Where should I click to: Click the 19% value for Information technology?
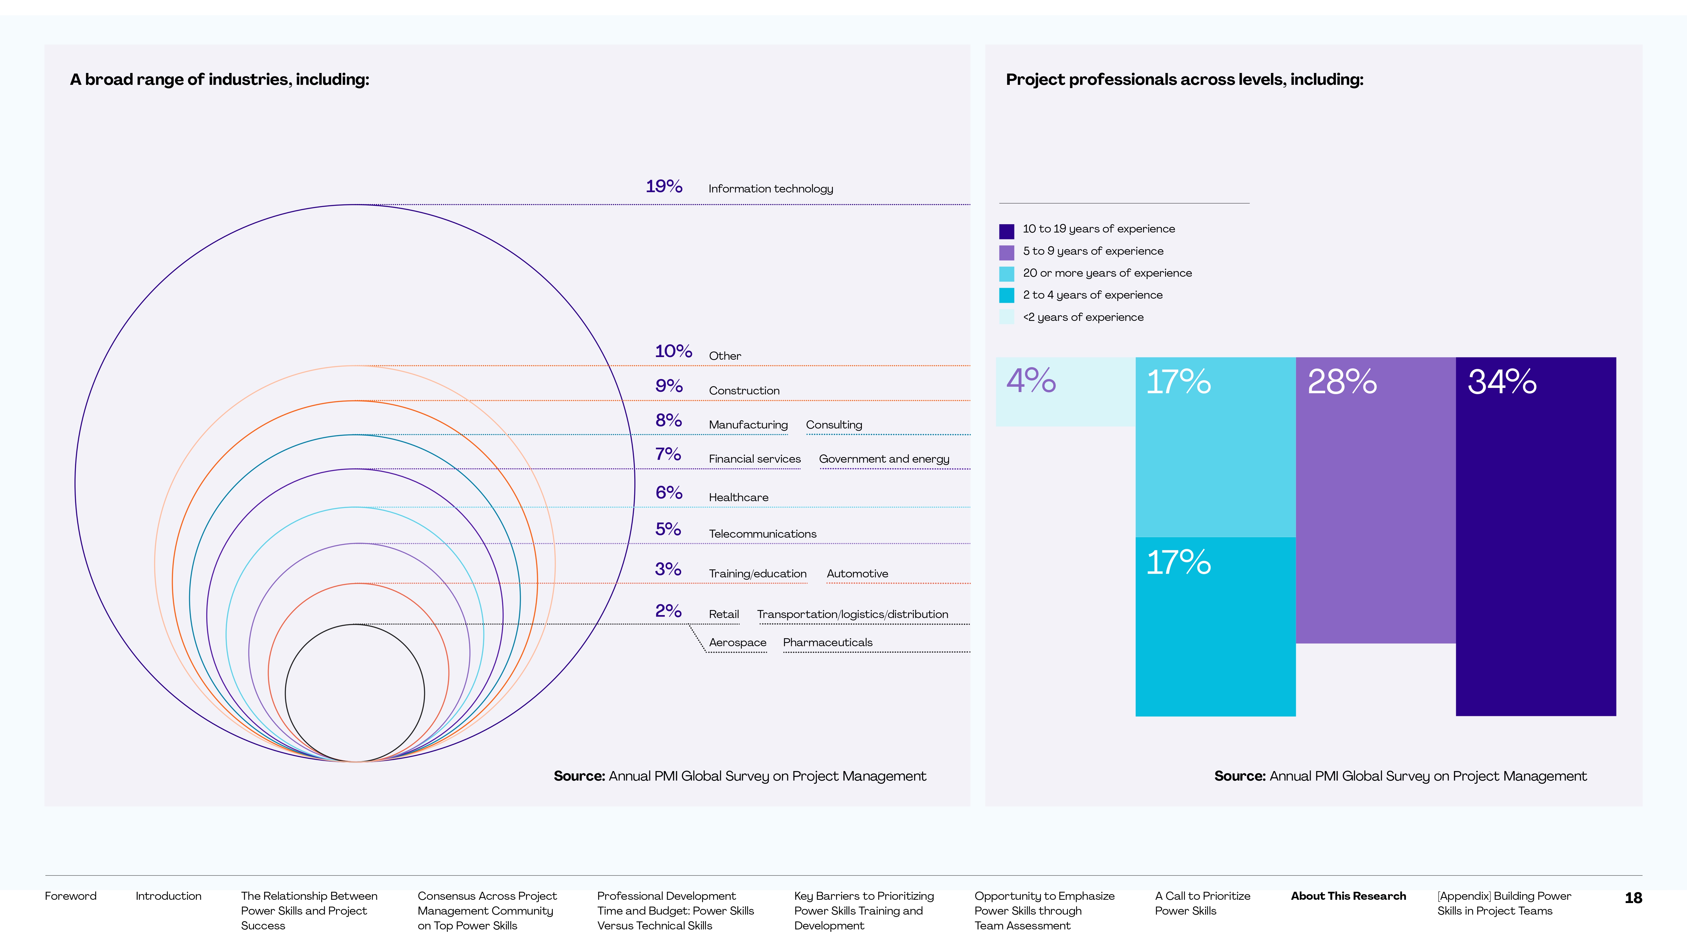[664, 187]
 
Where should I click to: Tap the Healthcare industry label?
[738, 497]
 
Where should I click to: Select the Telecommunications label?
[762, 534]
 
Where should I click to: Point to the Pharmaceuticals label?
[827, 642]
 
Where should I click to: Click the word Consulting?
[834, 425]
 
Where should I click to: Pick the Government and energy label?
[884, 459]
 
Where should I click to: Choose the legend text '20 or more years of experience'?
[1107, 273]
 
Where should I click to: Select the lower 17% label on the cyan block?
[1178, 562]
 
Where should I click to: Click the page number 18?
[1633, 898]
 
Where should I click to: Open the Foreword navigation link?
[70, 896]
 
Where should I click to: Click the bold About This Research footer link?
[1348, 896]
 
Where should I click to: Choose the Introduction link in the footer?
[168, 896]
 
